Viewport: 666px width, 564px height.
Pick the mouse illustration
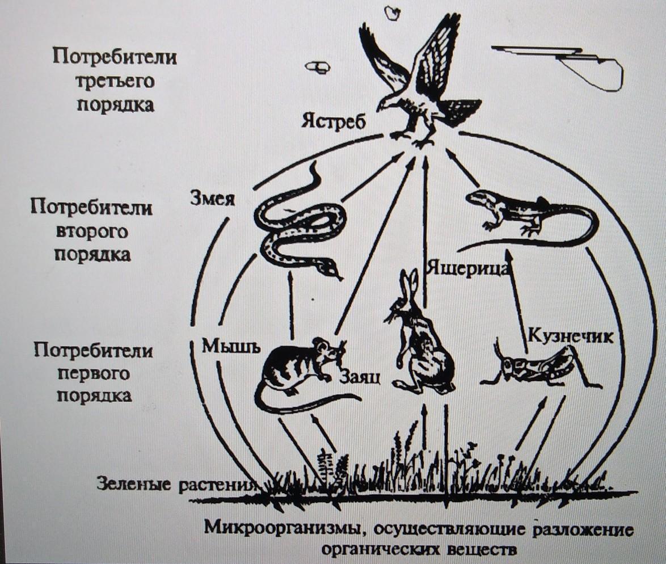(x=301, y=369)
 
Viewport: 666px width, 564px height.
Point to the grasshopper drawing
(x=539, y=366)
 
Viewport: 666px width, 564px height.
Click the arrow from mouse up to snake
(x=292, y=306)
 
